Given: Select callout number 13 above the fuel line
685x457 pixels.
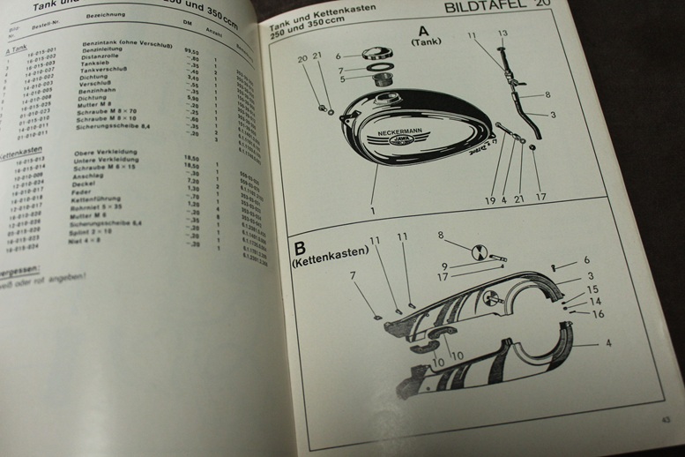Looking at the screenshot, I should [502, 34].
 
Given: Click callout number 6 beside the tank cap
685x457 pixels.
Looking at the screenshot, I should [337, 56].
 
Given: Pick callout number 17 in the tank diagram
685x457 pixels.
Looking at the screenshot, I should [540, 199].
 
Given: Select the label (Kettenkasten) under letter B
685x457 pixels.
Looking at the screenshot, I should [324, 264].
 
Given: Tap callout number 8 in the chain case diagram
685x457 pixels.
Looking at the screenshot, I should [441, 236].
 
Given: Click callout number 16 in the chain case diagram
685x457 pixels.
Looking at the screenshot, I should [599, 314].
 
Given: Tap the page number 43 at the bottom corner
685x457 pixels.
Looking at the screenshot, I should [665, 420].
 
